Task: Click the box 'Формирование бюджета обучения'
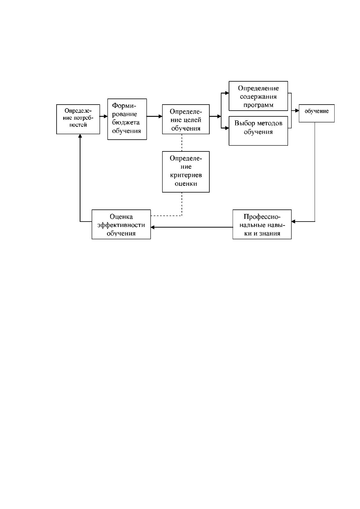pyautogui.click(x=127, y=119)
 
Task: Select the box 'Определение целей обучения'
pyautogui.click(x=185, y=119)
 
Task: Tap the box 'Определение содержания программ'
pyautogui.click(x=258, y=96)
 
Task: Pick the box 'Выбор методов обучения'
pyautogui.click(x=258, y=131)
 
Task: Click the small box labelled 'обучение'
pyautogui.click(x=316, y=113)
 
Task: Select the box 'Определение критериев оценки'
pyautogui.click(x=185, y=172)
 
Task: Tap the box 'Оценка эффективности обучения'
pyautogui.click(x=121, y=224)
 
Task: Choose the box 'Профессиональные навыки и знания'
pyautogui.click(x=262, y=224)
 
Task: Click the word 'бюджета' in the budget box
pyautogui.click(x=126, y=122)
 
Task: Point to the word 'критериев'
pyautogui.click(x=186, y=175)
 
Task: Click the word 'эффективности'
pyautogui.click(x=121, y=225)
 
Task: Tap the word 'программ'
pyautogui.click(x=258, y=105)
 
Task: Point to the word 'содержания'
pyautogui.click(x=258, y=97)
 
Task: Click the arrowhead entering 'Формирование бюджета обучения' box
pyautogui.click(x=106, y=116)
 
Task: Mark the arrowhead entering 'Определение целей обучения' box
pyautogui.click(x=160, y=116)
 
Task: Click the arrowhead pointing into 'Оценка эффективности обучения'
pyautogui.click(x=152, y=227)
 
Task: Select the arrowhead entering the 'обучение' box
pyautogui.click(x=297, y=110)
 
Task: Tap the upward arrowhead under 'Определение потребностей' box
pyautogui.click(x=80, y=136)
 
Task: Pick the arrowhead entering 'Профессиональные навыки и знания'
pyautogui.click(x=293, y=221)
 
